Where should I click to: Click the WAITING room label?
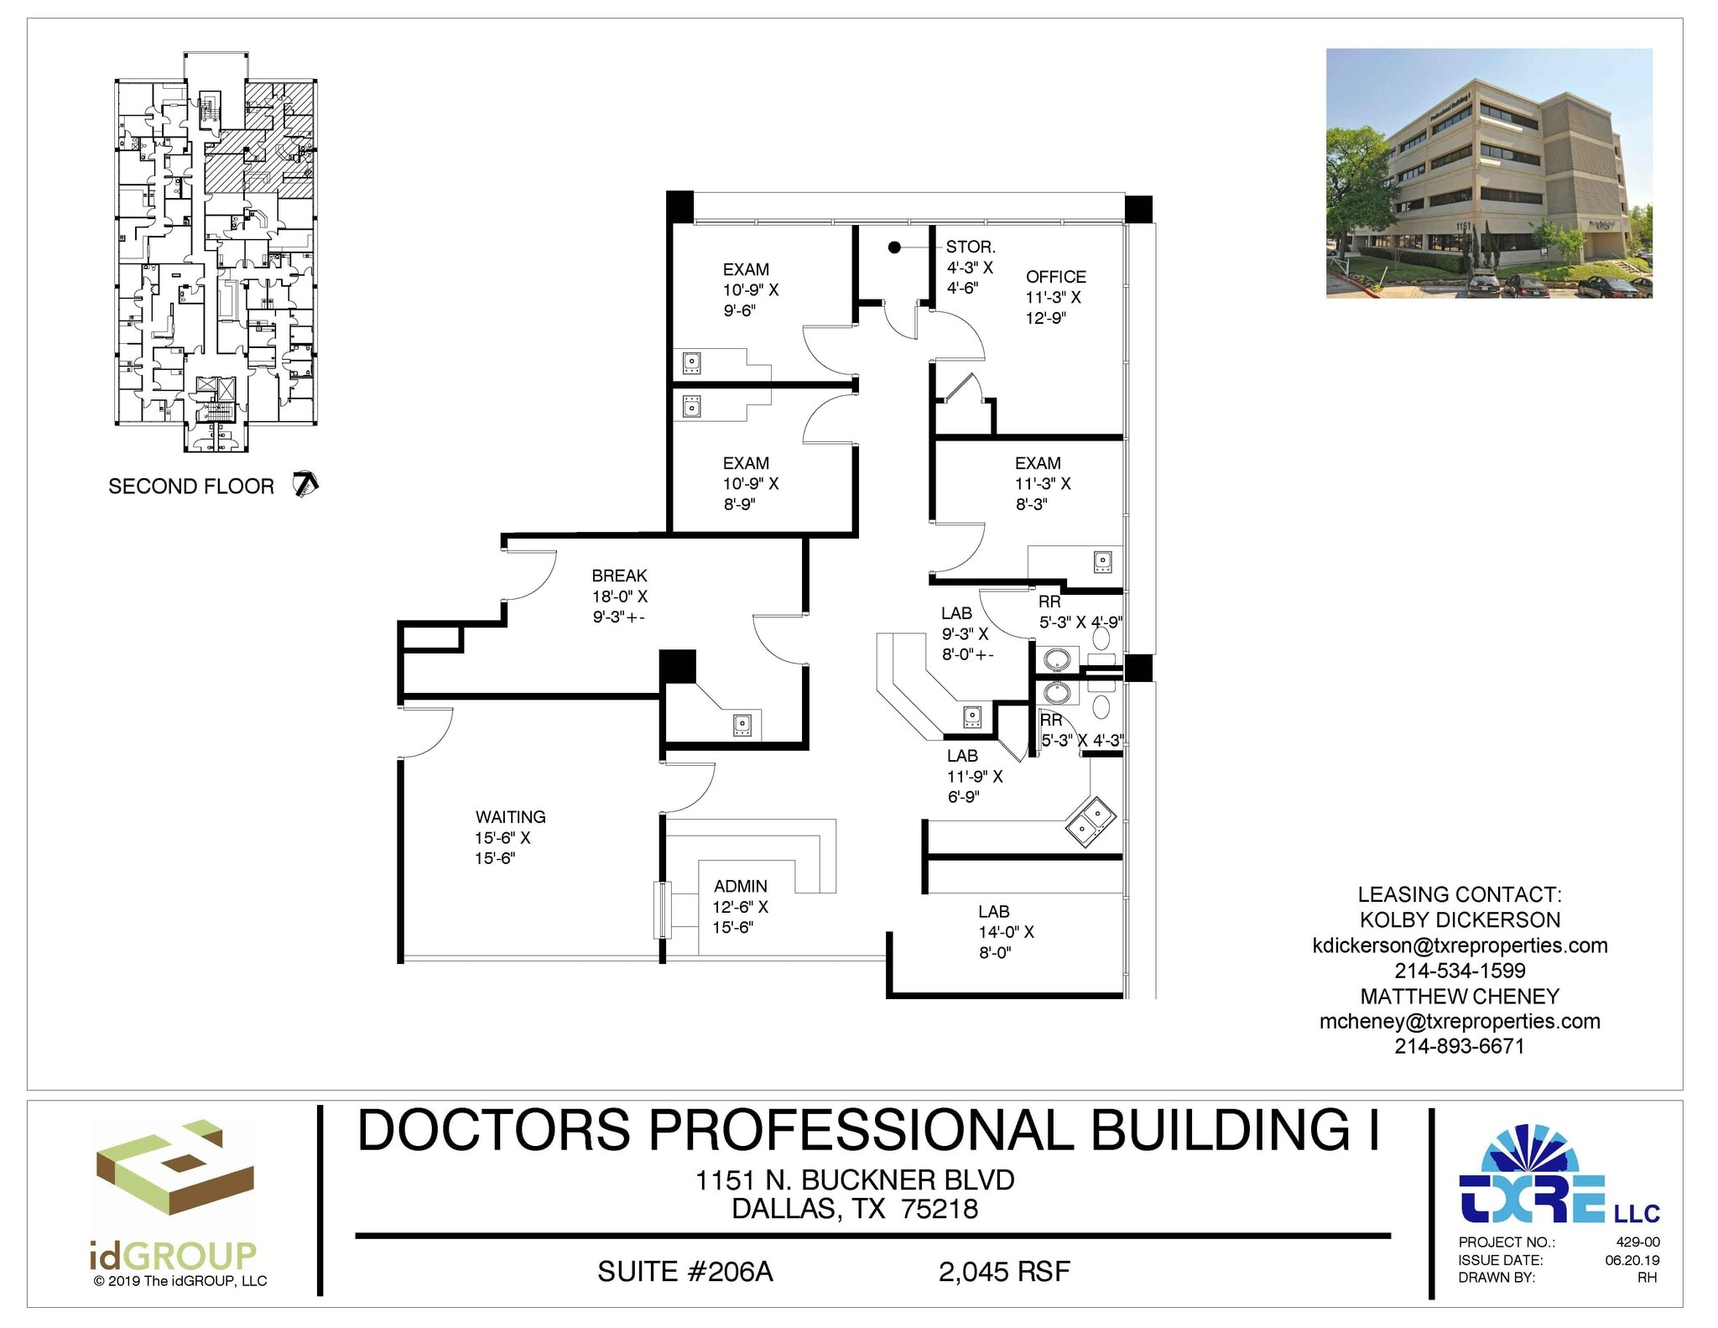click(x=510, y=817)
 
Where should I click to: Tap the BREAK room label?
click(x=619, y=576)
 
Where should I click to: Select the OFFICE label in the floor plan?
click(x=1055, y=277)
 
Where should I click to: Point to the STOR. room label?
click(x=971, y=247)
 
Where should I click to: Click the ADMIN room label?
click(x=740, y=887)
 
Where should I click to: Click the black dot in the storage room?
click(x=894, y=247)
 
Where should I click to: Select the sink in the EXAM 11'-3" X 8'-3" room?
click(x=1102, y=560)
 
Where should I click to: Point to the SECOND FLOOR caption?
click(x=191, y=487)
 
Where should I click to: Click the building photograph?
click(x=1488, y=173)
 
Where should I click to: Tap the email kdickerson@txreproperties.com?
click(x=1460, y=945)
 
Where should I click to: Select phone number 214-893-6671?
click(x=1459, y=1046)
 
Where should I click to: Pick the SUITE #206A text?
click(x=685, y=1272)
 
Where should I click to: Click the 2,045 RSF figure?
click(x=1004, y=1272)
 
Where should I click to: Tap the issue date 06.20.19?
click(x=1632, y=1260)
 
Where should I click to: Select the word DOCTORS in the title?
click(x=494, y=1130)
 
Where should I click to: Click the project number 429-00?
click(x=1637, y=1242)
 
